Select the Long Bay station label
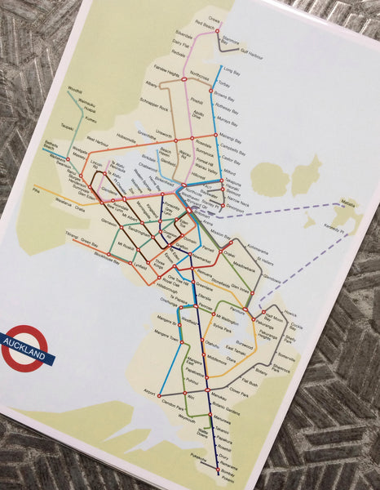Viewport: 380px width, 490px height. (231, 71)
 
